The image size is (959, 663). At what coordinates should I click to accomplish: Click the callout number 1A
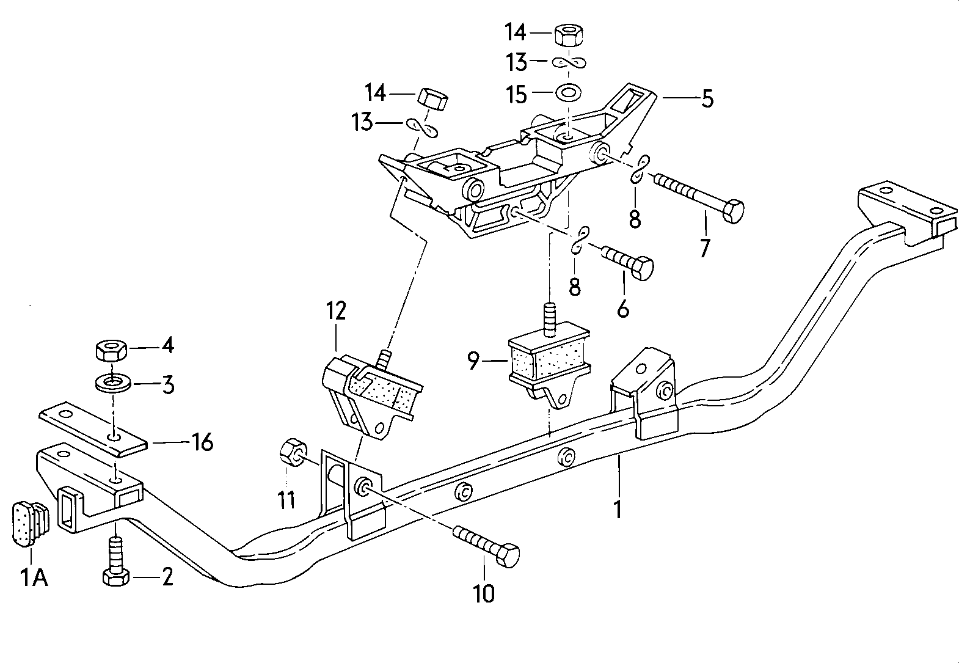[x=35, y=577]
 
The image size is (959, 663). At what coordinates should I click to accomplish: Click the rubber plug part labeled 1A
[x=27, y=522]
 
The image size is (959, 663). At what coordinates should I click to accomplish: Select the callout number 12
[x=335, y=310]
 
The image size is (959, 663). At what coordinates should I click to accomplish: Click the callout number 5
[x=707, y=98]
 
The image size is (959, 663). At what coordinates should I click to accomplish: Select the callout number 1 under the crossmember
[x=618, y=508]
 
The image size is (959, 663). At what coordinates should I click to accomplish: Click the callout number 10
[x=484, y=593]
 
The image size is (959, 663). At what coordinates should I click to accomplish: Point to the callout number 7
[x=705, y=248]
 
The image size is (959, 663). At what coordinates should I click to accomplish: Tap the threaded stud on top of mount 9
[x=549, y=318]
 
